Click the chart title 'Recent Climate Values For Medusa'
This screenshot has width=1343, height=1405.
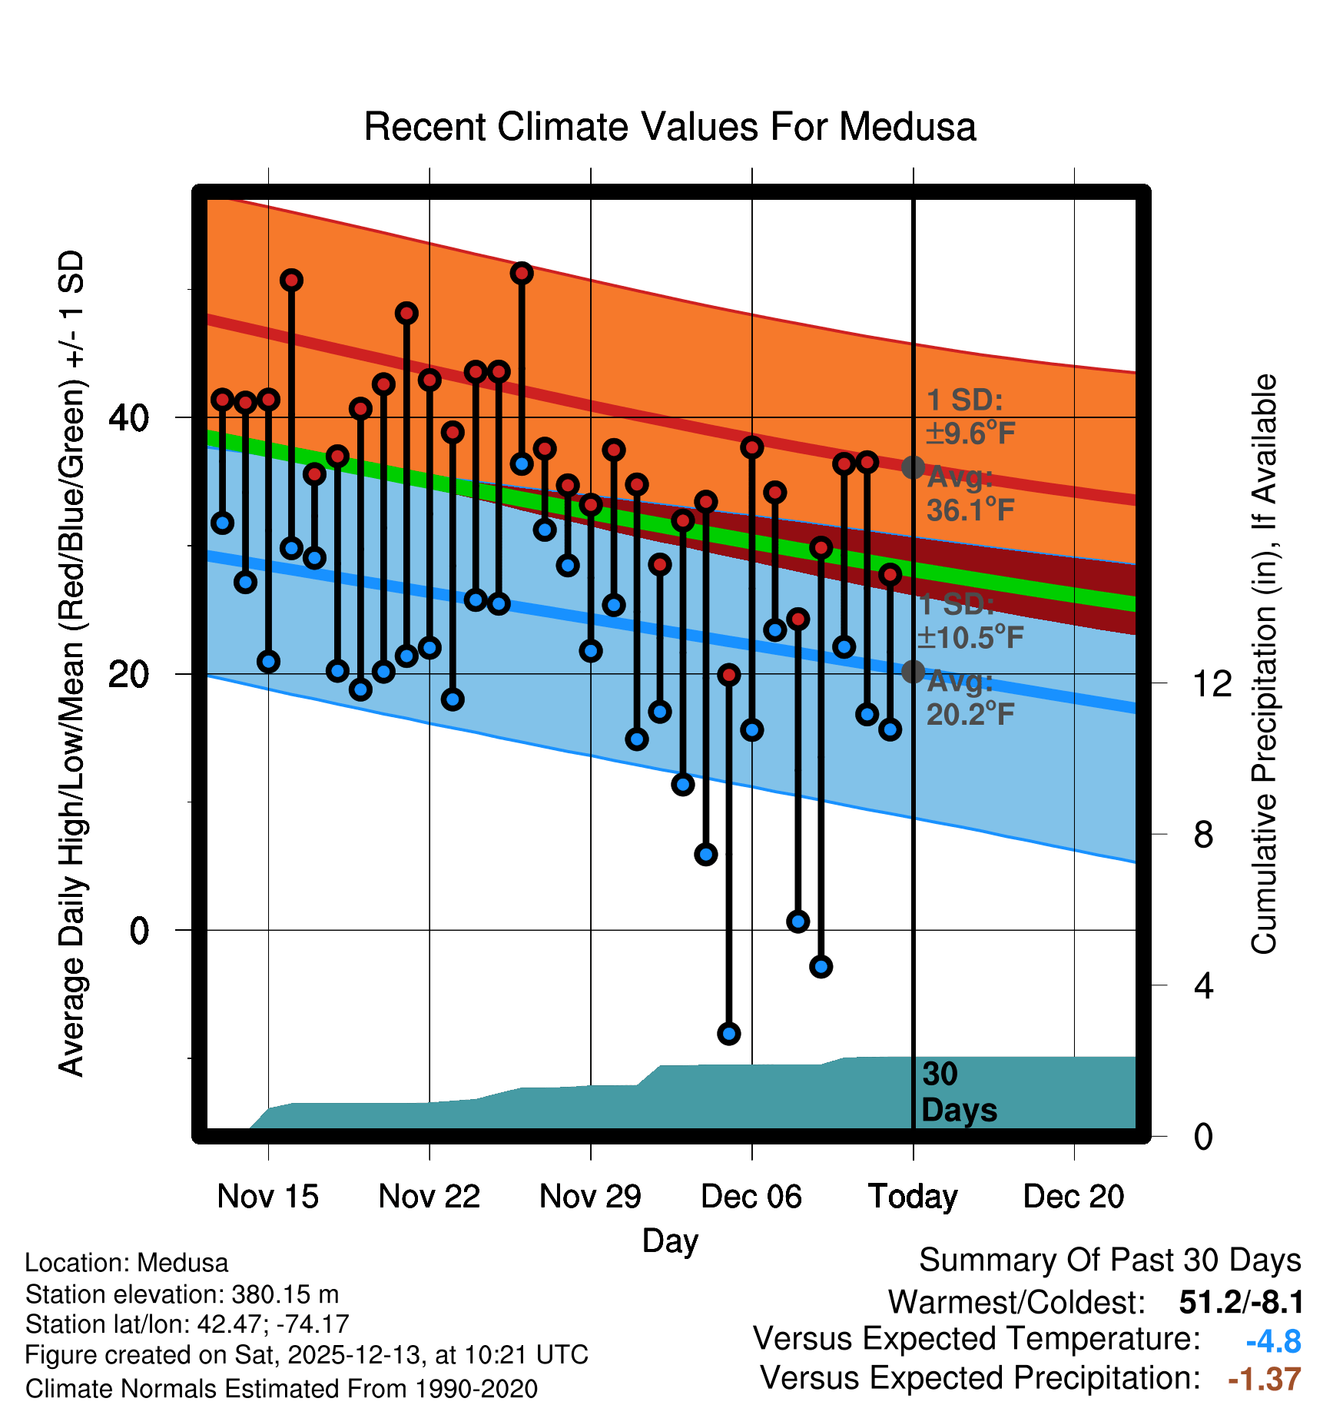click(x=669, y=127)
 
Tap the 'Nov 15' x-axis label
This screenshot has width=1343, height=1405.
click(x=267, y=1197)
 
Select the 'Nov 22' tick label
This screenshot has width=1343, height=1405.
click(x=429, y=1197)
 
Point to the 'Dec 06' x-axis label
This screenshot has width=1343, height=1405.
click(x=751, y=1197)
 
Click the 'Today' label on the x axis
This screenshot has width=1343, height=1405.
click(x=913, y=1197)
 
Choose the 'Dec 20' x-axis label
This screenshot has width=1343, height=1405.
click(x=1073, y=1197)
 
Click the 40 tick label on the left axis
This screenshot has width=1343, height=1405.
click(x=128, y=418)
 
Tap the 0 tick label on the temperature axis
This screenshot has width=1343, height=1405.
click(x=139, y=931)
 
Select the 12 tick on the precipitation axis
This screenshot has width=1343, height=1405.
click(x=1212, y=683)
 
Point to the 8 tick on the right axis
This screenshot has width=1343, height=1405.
click(x=1204, y=835)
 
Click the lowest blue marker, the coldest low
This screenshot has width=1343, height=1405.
click(x=728, y=1033)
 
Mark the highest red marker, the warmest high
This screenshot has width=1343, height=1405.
click(x=522, y=273)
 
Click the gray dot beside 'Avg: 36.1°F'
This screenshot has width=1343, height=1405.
click(x=913, y=467)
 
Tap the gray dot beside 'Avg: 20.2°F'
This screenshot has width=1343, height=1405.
click(x=913, y=672)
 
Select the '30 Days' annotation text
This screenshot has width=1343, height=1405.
click(x=958, y=1092)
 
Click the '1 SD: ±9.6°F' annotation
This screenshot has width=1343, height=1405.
click(x=970, y=417)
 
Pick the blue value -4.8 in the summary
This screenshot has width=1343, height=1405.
click(x=1273, y=1341)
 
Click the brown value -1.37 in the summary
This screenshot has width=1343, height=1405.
click(x=1265, y=1380)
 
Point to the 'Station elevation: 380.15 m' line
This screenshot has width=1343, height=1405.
click(x=182, y=1294)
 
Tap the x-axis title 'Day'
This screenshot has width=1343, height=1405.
click(x=670, y=1241)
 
